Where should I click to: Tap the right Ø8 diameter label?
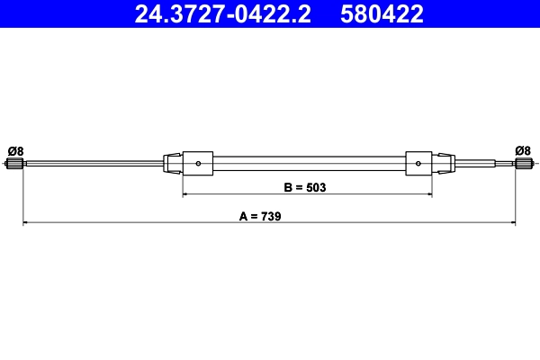pos(522,149)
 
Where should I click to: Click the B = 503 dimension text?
pos(304,188)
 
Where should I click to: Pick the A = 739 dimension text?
pos(261,216)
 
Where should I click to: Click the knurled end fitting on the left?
pos(14,164)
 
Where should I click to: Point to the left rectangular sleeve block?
pos(198,164)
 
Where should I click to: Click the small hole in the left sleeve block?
pos(198,164)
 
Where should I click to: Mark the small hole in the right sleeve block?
pos(419,164)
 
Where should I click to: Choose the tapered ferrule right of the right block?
pos(444,164)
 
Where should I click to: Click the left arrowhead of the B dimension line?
pos(186,194)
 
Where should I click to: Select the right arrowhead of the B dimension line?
pos(428,194)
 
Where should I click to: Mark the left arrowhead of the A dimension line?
pos(26,222)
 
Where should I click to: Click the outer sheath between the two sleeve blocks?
pos(306,164)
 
